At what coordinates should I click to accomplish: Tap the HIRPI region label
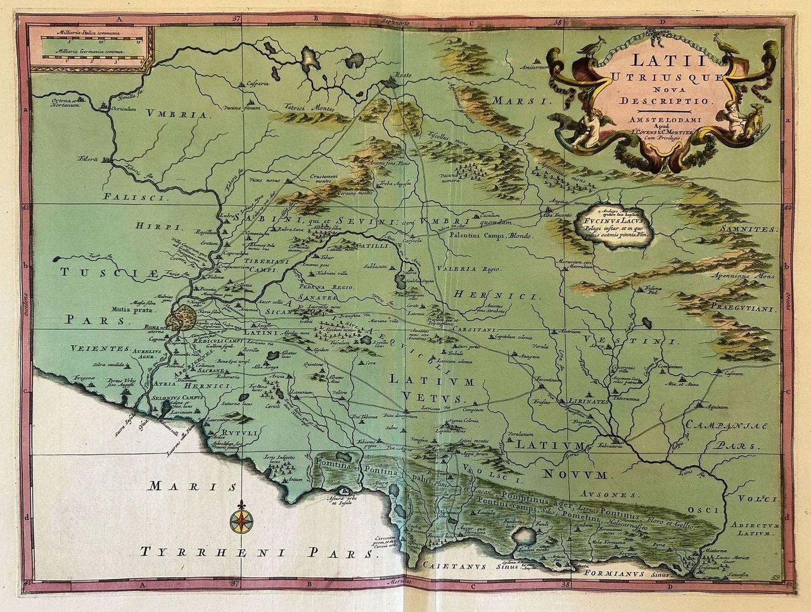[150, 226]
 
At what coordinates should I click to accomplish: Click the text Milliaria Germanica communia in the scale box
[89, 51]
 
